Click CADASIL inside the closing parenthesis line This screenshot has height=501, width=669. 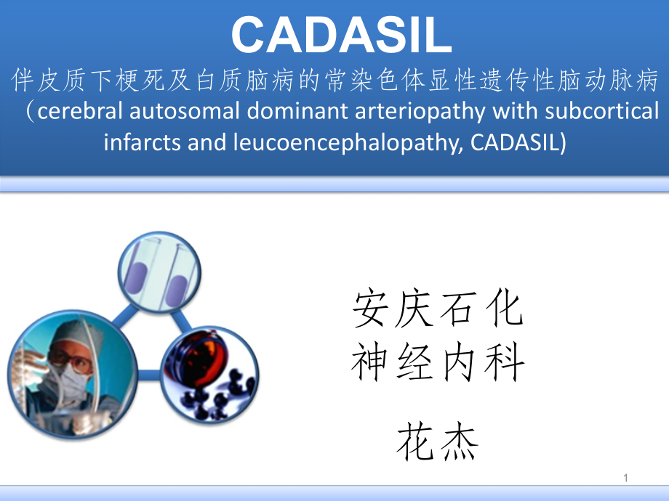[516, 141]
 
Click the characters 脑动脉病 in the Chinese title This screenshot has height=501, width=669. [607, 81]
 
